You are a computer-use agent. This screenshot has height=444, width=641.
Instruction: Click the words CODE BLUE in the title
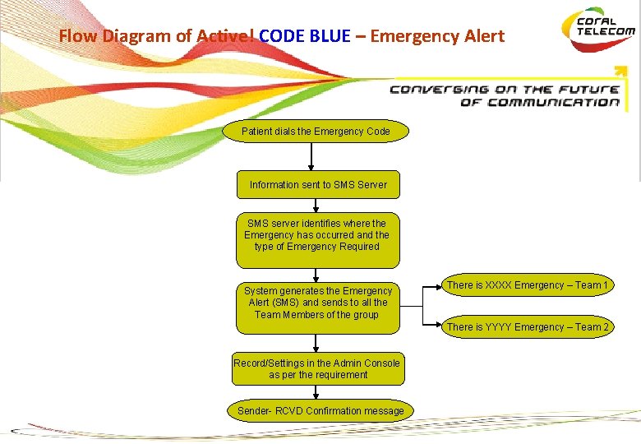(305, 36)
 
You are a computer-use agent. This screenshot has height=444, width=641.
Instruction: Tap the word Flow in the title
(78, 36)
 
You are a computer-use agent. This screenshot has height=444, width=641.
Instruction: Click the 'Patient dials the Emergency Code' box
(316, 132)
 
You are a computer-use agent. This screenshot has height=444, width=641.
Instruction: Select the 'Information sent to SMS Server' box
(318, 185)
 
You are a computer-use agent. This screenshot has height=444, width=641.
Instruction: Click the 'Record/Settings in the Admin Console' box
(317, 369)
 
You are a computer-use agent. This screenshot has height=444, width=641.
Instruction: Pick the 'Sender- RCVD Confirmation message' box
(320, 411)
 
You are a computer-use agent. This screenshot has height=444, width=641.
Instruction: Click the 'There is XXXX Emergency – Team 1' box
(528, 285)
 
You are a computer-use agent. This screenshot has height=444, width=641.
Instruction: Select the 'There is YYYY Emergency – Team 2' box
(528, 327)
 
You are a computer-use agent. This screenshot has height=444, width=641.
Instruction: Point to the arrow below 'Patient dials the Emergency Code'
(311, 156)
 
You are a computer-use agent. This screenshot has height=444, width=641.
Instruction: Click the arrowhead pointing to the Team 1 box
(437, 286)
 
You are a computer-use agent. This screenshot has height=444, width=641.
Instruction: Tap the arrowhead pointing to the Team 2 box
(437, 327)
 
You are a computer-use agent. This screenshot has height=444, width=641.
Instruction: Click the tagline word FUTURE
(589, 89)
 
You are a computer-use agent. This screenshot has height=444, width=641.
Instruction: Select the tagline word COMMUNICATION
(553, 103)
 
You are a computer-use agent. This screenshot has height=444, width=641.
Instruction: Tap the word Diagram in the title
(137, 36)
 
